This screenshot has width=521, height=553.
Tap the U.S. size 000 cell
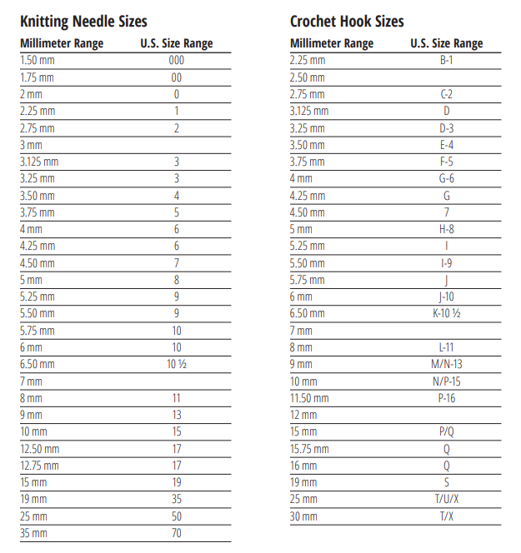176,60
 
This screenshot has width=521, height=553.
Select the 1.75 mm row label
38,77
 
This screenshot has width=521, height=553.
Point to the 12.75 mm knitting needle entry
39,466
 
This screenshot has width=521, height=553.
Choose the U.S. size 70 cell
176,533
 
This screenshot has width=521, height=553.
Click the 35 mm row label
33,533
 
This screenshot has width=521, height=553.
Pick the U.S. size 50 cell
176,516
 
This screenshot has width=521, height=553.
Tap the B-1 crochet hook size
446,60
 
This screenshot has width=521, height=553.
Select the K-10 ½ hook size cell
446,314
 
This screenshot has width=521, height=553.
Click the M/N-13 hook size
446,364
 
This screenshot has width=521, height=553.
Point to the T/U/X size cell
446,499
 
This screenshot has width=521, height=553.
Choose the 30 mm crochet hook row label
303,516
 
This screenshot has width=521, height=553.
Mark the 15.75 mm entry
309,449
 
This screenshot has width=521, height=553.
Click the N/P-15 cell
446,381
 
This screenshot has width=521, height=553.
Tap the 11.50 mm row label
309,398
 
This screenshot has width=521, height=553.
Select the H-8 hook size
446,229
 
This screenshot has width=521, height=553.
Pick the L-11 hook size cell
446,347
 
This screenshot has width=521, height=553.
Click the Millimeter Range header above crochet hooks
331,43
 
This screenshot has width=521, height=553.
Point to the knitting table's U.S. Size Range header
176,43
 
